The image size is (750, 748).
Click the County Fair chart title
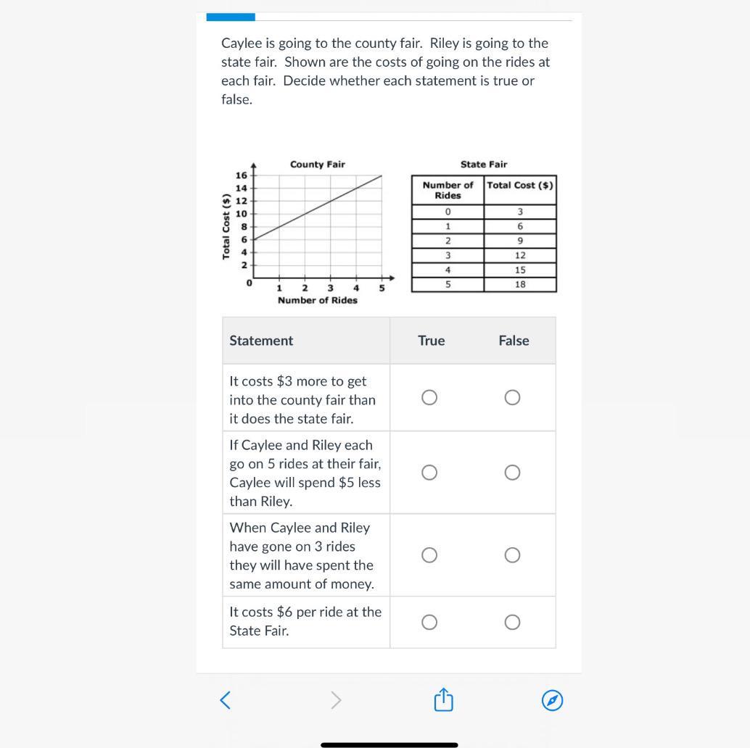click(317, 165)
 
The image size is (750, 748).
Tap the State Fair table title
click(484, 165)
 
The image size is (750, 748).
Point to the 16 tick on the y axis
click(241, 175)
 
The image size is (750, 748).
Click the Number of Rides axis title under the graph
click(317, 300)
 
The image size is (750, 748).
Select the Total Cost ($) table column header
click(520, 186)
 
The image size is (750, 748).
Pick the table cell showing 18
click(520, 285)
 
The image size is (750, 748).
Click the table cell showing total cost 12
click(520, 255)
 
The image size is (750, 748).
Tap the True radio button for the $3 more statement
click(429, 397)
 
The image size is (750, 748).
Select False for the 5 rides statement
click(512, 473)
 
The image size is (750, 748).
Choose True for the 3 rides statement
click(429, 555)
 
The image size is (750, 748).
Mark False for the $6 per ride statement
click(512, 623)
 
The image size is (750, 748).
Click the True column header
click(432, 341)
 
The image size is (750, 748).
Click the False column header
click(514, 341)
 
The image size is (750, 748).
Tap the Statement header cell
click(261, 341)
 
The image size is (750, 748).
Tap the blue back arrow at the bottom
click(226, 700)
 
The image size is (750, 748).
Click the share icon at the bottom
click(443, 700)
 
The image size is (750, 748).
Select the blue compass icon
click(552, 700)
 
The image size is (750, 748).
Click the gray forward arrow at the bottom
click(335, 700)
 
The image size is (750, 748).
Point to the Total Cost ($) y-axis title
click(227, 227)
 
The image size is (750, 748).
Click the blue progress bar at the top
click(231, 17)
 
